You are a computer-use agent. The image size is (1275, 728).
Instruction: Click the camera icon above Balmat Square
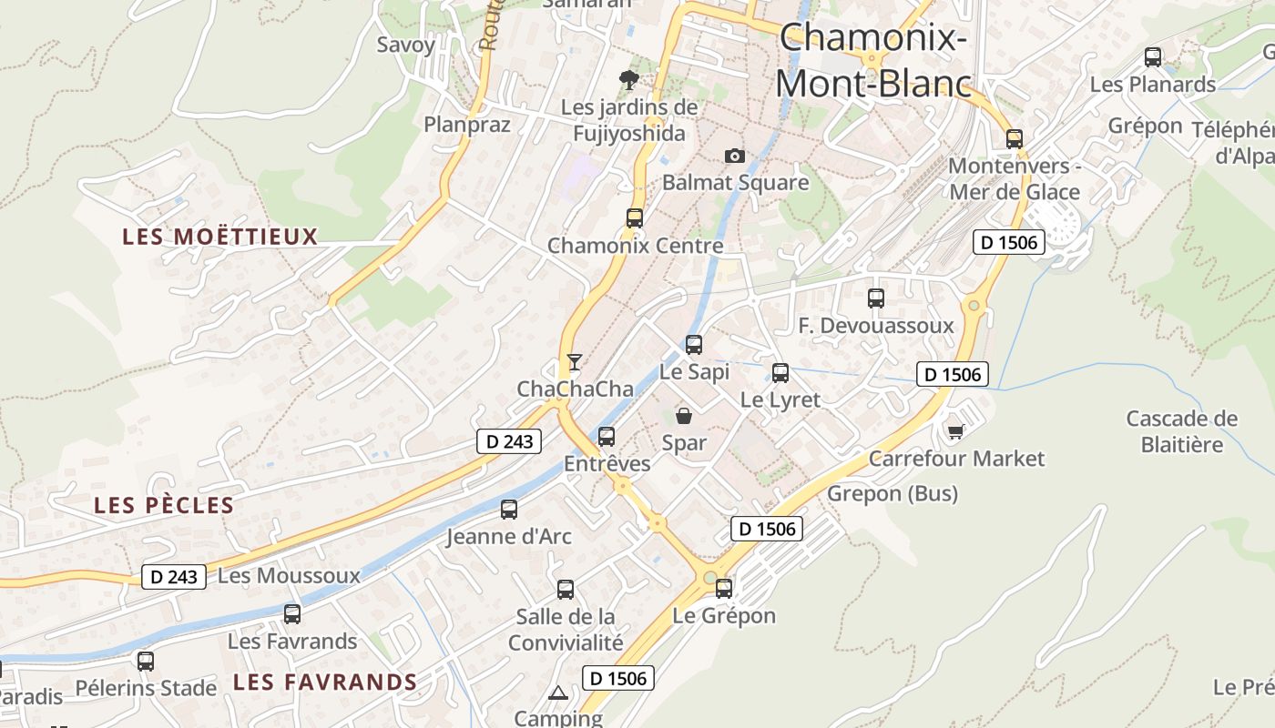(x=735, y=157)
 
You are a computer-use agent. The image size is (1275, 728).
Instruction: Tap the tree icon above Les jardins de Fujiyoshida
(x=628, y=80)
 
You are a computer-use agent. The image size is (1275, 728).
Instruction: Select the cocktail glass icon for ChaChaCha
(x=574, y=362)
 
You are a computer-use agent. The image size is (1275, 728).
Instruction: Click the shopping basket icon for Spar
(x=684, y=416)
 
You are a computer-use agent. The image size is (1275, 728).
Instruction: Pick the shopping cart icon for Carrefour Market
(x=955, y=430)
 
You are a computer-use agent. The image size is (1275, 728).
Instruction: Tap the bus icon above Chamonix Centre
(x=635, y=218)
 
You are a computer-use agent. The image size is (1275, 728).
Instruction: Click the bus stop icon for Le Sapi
(x=694, y=345)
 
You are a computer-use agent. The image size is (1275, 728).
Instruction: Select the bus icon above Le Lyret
(x=780, y=373)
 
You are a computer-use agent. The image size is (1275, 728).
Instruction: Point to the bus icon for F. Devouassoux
(x=876, y=298)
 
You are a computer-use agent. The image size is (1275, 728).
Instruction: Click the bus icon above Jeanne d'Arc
(x=509, y=510)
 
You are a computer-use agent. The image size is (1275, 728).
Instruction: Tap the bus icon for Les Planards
(x=1153, y=57)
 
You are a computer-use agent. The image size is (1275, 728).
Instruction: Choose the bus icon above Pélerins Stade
(x=146, y=662)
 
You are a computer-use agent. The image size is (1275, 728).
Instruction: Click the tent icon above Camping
(x=558, y=693)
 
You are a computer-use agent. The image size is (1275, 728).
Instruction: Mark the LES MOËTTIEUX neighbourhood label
(x=220, y=238)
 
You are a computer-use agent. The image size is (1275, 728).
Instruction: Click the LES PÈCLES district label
(x=164, y=506)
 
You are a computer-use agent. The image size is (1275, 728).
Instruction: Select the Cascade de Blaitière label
(x=1182, y=431)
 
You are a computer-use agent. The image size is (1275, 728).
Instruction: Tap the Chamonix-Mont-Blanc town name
(x=873, y=61)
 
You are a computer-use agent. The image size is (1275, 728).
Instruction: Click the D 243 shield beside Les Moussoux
(x=174, y=577)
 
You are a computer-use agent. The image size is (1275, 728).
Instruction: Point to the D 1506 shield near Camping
(x=618, y=678)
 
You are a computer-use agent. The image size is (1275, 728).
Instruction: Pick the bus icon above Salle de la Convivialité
(x=566, y=590)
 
